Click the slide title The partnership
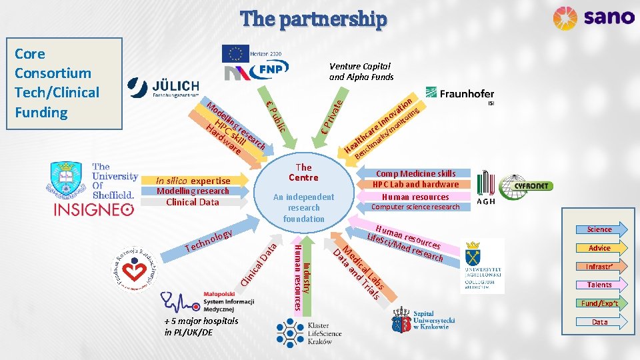click(x=313, y=19)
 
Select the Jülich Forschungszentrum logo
click(x=164, y=88)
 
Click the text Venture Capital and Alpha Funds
click(x=361, y=71)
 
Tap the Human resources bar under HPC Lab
click(x=415, y=197)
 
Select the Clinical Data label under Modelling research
click(x=192, y=202)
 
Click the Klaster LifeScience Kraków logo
click(x=308, y=334)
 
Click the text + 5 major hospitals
click(x=201, y=321)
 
